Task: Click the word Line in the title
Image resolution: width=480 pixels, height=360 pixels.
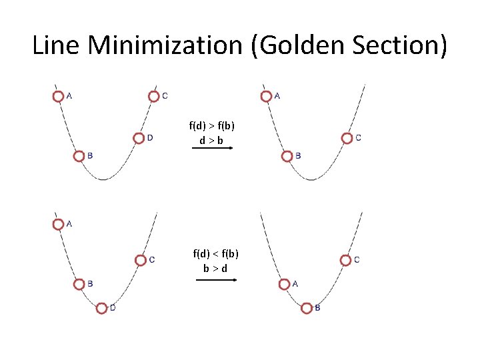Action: coord(57,45)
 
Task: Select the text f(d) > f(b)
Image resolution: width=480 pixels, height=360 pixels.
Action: coord(212,126)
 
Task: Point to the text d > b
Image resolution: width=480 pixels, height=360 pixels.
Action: coord(211,141)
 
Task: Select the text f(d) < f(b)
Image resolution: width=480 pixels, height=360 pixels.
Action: coord(216,253)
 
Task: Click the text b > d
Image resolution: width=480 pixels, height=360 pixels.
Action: coord(215,268)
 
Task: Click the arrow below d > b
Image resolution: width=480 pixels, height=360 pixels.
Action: coord(212,149)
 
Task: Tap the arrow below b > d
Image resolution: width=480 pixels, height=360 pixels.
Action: coord(217,280)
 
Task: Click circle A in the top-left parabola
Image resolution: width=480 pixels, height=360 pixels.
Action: coord(59,97)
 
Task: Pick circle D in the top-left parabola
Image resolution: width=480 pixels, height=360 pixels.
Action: coord(139,138)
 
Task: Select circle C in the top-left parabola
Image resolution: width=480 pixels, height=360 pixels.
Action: coord(154,96)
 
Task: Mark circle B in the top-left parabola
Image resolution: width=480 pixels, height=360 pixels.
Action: coord(79,156)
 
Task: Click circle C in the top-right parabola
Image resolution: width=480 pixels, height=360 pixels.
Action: coord(347,138)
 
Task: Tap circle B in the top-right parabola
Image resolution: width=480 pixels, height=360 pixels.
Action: coord(287,156)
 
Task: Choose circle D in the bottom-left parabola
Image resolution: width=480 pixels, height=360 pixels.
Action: coord(101,308)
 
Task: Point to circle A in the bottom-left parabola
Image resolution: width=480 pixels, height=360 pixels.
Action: coord(59,225)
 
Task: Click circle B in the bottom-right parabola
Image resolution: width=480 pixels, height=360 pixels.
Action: coord(307,308)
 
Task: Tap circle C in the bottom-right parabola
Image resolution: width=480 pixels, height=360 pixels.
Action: coord(345,260)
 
